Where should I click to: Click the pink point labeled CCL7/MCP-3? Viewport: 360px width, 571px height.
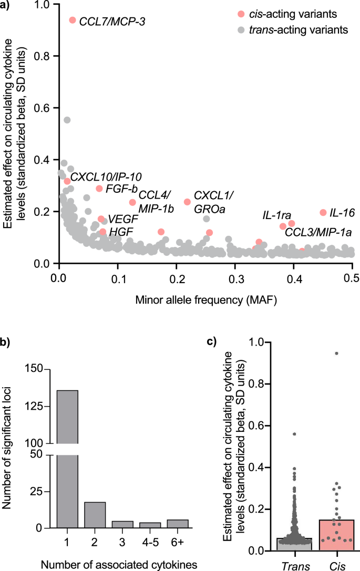click(x=73, y=20)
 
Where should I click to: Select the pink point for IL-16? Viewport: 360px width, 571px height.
click(x=323, y=212)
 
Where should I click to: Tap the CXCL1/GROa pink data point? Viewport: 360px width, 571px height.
click(x=187, y=202)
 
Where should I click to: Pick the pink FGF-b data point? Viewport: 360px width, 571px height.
click(x=99, y=189)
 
